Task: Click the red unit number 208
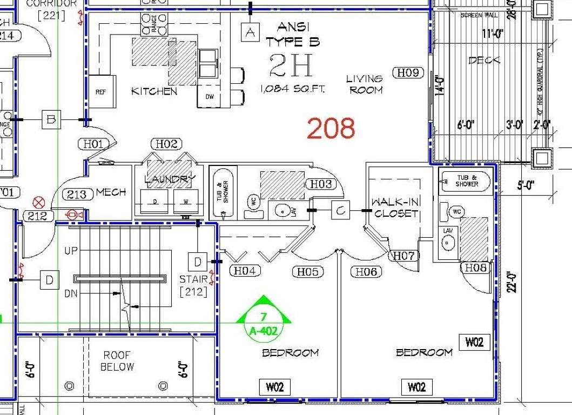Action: point(331,129)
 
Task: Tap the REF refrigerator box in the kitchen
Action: point(100,92)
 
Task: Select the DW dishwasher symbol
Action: point(210,97)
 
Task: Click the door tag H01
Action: point(93,144)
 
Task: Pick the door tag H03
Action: point(321,184)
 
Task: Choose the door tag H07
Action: point(403,256)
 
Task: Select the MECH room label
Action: point(111,192)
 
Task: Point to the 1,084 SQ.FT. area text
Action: point(292,89)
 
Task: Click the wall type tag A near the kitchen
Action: point(250,32)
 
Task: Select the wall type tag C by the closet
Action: point(340,211)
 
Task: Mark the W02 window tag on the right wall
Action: point(474,342)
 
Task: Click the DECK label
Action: point(484,61)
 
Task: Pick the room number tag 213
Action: point(77,195)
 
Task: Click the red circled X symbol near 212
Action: point(38,203)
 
